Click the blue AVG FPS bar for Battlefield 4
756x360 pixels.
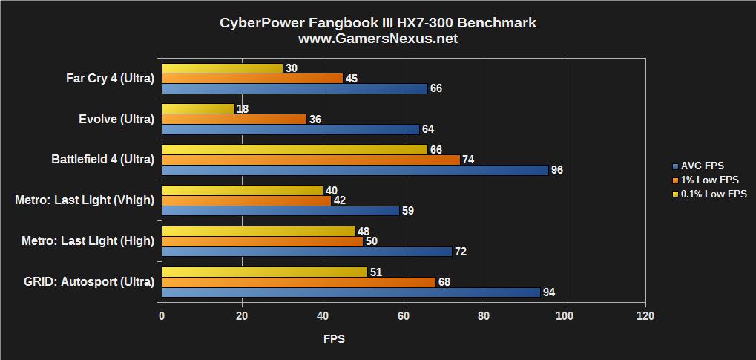[x=355, y=170]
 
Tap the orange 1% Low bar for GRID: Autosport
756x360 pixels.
[x=298, y=282]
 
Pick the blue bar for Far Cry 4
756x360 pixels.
[x=294, y=88]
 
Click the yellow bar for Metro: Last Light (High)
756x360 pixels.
[x=258, y=231]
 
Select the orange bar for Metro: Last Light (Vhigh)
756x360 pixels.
[x=246, y=200]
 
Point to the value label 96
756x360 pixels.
[x=557, y=170]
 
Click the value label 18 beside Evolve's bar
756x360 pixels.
[x=242, y=108]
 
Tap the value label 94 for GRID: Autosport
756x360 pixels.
[x=549, y=292]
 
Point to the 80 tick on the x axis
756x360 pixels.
[x=484, y=316]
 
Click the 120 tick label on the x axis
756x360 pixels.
[x=645, y=316]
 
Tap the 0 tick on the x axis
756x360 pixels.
[x=162, y=316]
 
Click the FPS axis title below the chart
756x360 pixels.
[x=334, y=339]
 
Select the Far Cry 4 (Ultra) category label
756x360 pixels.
[x=110, y=78]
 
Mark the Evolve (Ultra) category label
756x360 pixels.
[x=116, y=119]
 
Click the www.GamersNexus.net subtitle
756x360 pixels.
[x=378, y=39]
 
